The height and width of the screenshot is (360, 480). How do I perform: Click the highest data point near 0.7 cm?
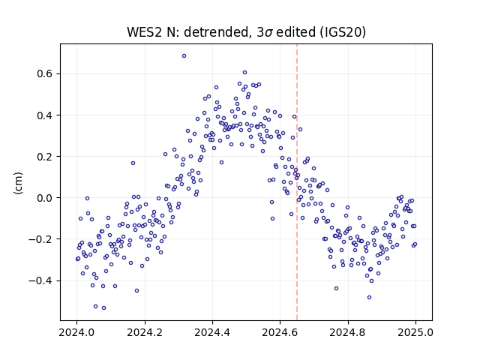(184, 56)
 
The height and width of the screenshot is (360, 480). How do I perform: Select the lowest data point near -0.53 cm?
(103, 308)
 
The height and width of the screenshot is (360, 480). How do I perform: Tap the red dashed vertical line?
(297, 182)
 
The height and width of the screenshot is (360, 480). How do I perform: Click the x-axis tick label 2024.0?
(76, 333)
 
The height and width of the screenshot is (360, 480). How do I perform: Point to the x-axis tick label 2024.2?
(145, 333)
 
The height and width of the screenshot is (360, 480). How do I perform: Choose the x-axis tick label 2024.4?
(212, 333)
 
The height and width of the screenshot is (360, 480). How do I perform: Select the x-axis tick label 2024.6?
(280, 333)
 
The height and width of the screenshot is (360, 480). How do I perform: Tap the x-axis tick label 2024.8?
(348, 333)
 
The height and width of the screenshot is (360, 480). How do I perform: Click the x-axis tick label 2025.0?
(415, 333)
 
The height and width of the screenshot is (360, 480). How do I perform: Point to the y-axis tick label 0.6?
(44, 74)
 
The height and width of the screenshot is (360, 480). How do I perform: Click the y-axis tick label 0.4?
(44, 115)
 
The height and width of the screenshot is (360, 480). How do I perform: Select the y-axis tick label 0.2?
(44, 157)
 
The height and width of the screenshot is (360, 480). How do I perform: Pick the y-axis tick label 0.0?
(44, 198)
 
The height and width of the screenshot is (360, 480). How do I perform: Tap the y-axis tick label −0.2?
(40, 239)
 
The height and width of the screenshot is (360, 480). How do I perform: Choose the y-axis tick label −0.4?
(40, 280)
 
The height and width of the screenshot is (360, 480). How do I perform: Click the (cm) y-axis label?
(18, 183)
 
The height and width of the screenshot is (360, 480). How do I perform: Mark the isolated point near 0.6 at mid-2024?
(245, 73)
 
